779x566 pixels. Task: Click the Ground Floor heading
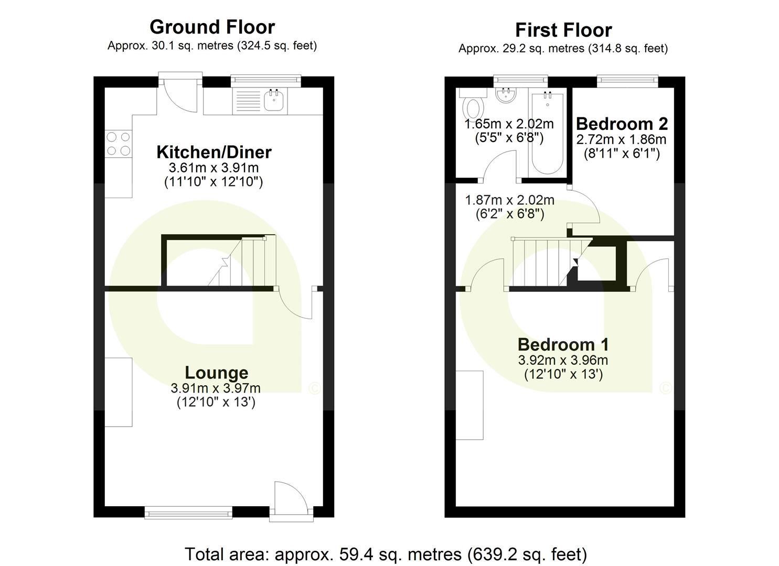[x=212, y=27]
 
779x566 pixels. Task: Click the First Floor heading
[x=563, y=30]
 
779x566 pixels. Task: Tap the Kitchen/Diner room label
[x=214, y=152]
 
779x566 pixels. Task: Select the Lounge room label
[x=216, y=373]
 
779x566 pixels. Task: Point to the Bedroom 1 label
[x=563, y=344]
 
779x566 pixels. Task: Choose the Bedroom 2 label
[x=622, y=124]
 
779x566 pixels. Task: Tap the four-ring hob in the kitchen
[x=118, y=144]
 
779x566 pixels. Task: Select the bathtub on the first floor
[x=548, y=134]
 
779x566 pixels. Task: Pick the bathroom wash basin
[x=507, y=95]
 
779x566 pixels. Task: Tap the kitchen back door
[x=180, y=94]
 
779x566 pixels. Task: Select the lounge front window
[x=188, y=512]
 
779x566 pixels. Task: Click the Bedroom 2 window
[x=627, y=80]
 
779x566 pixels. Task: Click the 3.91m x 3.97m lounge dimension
[x=216, y=388]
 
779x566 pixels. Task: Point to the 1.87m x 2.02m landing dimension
[x=509, y=200]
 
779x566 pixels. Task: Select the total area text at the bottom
[x=386, y=553]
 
